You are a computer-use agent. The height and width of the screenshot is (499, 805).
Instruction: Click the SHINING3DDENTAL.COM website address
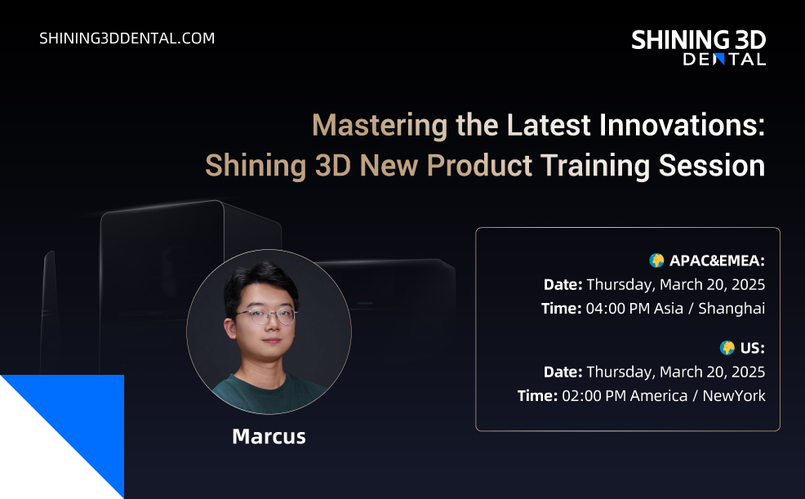[127, 38]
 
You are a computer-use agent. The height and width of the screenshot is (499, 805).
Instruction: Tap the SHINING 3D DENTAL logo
[698, 47]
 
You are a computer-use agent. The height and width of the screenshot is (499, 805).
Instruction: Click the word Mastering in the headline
[380, 125]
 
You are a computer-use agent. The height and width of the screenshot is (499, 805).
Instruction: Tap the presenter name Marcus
[269, 436]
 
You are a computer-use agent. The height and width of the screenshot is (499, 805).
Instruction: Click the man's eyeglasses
[266, 315]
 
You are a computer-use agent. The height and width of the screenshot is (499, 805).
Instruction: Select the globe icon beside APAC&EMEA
[656, 261]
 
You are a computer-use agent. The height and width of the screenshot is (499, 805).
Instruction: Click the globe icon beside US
[727, 348]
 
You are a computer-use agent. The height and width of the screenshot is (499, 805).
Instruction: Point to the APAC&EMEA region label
[717, 261]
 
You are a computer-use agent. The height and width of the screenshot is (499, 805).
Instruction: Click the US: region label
[753, 348]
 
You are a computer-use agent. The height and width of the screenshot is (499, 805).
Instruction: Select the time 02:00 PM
[594, 396]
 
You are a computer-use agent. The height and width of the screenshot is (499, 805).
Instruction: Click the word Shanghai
[732, 309]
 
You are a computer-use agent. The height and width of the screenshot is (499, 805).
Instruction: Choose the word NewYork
[734, 396]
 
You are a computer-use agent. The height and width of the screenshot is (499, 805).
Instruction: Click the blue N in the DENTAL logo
[719, 59]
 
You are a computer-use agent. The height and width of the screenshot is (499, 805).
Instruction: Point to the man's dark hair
[260, 280]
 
